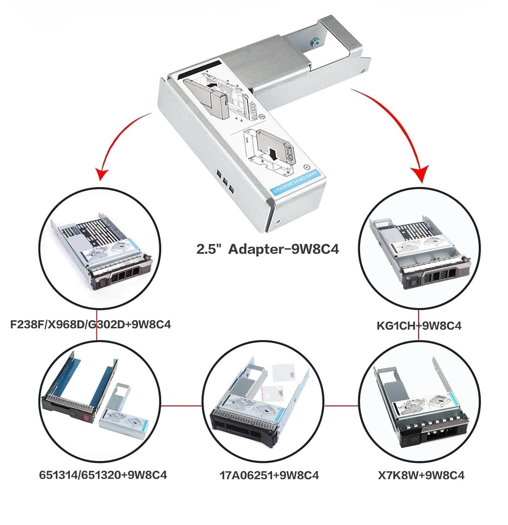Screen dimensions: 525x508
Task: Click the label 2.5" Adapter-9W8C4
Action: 268,249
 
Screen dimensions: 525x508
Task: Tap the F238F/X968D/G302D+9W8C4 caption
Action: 90,324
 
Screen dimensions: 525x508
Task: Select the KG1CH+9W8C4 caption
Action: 419,326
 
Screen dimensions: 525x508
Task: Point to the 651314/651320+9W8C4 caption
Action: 103,475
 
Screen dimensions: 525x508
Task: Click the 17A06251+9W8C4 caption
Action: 269,475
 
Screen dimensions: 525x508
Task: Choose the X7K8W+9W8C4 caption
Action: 421,475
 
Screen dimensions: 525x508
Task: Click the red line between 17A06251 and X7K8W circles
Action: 341,406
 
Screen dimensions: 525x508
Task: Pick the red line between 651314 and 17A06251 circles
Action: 180,406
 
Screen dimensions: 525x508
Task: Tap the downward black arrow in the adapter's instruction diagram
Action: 273,153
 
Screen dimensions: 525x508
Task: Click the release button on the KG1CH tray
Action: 414,282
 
